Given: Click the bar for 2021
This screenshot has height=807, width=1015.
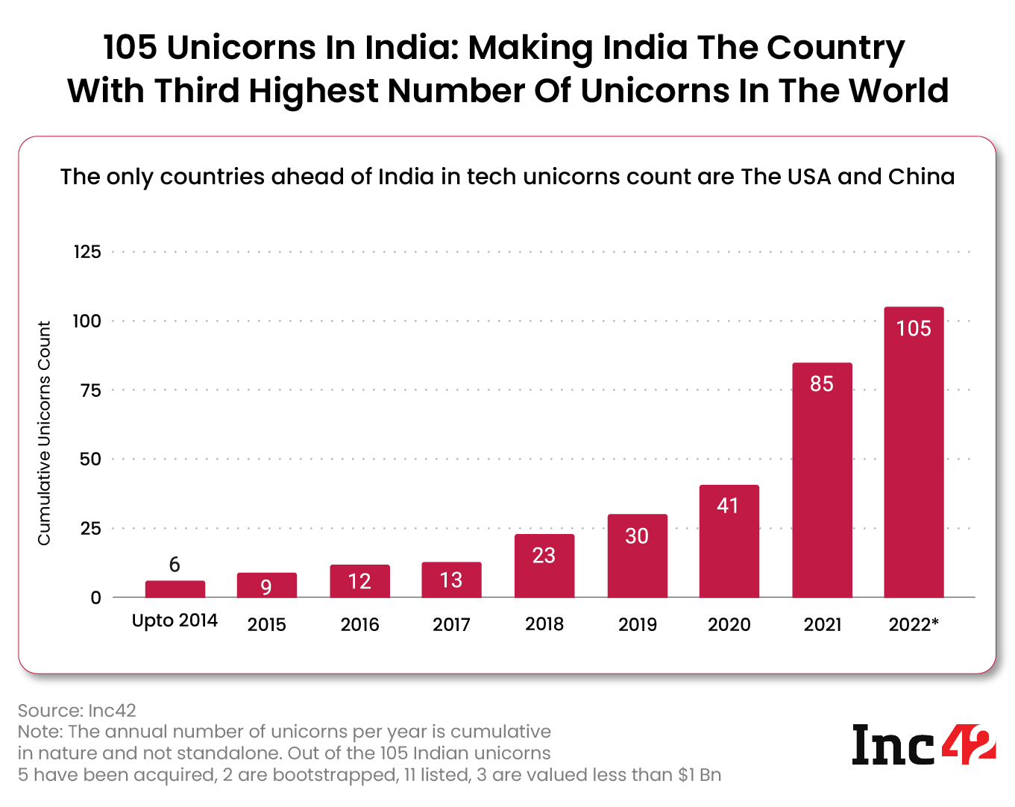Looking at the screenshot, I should [822, 480].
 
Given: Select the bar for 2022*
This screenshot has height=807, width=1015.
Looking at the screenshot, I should [914, 452].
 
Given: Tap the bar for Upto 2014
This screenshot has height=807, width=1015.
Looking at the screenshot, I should [175, 589].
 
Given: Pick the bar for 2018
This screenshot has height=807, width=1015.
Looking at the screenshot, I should [544, 566].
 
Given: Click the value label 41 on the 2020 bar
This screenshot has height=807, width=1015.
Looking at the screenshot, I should [728, 506].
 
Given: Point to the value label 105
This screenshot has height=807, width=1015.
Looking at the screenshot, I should [914, 328].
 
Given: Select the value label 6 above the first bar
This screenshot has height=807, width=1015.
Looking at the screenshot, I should [175, 565].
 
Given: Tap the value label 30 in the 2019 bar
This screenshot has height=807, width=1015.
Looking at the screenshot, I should [637, 536].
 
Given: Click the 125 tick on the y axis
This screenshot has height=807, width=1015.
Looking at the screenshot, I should [87, 252].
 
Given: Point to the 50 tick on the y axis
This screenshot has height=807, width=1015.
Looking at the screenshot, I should [90, 459].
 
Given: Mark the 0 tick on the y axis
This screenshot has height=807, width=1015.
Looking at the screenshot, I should [95, 597].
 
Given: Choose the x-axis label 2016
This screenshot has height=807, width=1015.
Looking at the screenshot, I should [359, 624].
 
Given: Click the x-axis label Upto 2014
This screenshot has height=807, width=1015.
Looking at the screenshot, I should [175, 621].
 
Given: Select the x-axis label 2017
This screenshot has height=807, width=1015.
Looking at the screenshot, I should [451, 624].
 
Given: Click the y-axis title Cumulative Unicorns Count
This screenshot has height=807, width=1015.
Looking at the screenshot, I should [45, 433].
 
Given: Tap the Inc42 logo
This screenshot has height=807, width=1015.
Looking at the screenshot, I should [923, 744].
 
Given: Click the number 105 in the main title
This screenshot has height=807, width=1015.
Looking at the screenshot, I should [130, 48].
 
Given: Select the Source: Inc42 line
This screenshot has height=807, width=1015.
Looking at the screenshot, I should [77, 710].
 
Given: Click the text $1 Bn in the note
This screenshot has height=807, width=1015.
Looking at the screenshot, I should [700, 775].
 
